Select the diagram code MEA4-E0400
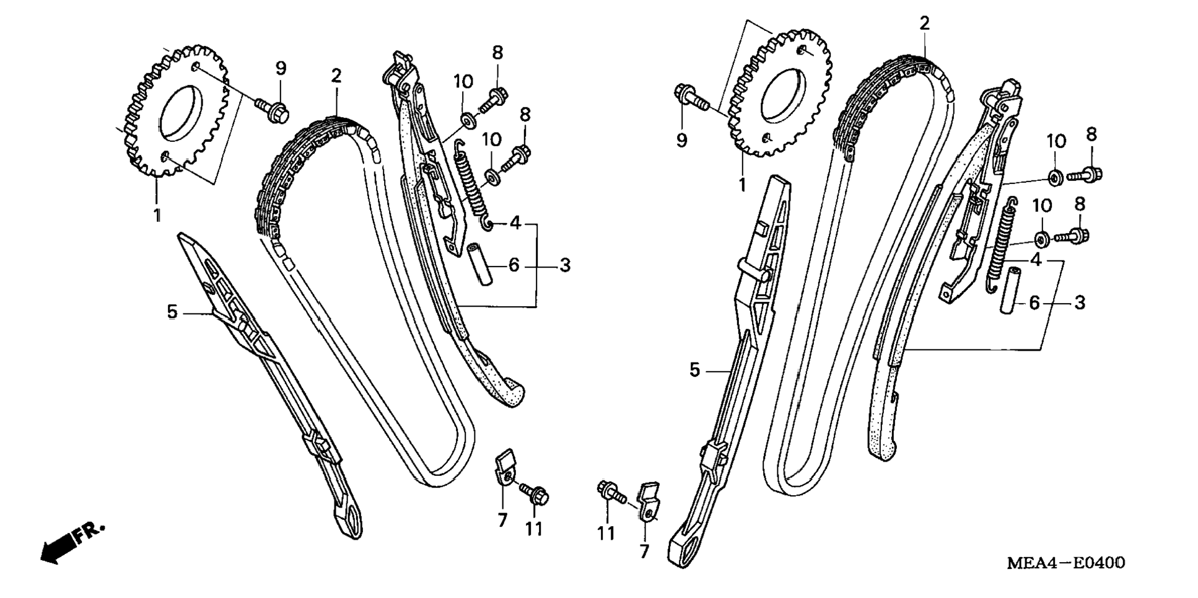(1066, 563)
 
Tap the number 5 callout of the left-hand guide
(172, 312)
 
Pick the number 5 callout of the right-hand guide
(694, 371)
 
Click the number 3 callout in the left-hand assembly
(564, 265)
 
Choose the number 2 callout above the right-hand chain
(925, 24)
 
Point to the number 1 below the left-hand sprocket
(157, 215)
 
